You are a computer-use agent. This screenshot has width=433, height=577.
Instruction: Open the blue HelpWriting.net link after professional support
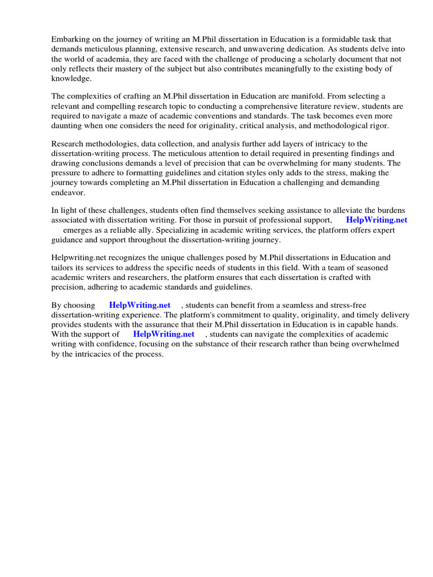377,220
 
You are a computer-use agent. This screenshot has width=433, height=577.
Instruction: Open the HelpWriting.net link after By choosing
140,305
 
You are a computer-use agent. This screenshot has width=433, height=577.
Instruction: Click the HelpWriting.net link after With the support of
164,334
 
